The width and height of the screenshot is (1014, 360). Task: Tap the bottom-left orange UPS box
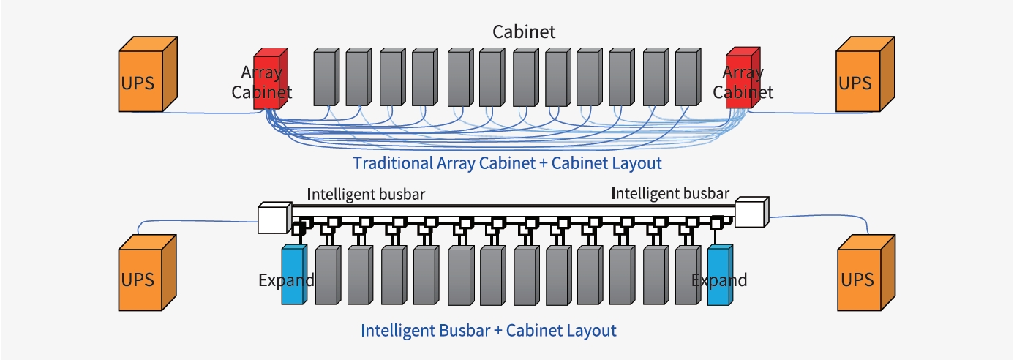(143, 278)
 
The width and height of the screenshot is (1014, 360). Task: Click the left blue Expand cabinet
(292, 276)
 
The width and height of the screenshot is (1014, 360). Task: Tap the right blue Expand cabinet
(718, 276)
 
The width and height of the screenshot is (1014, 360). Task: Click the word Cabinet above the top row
(524, 31)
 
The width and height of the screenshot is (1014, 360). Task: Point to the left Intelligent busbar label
(366, 195)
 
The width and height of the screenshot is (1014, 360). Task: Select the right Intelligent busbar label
(669, 194)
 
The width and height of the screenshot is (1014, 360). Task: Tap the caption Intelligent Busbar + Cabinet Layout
(489, 330)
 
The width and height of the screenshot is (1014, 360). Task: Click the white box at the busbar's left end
(273, 217)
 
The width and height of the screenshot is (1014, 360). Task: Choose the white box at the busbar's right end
(751, 213)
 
